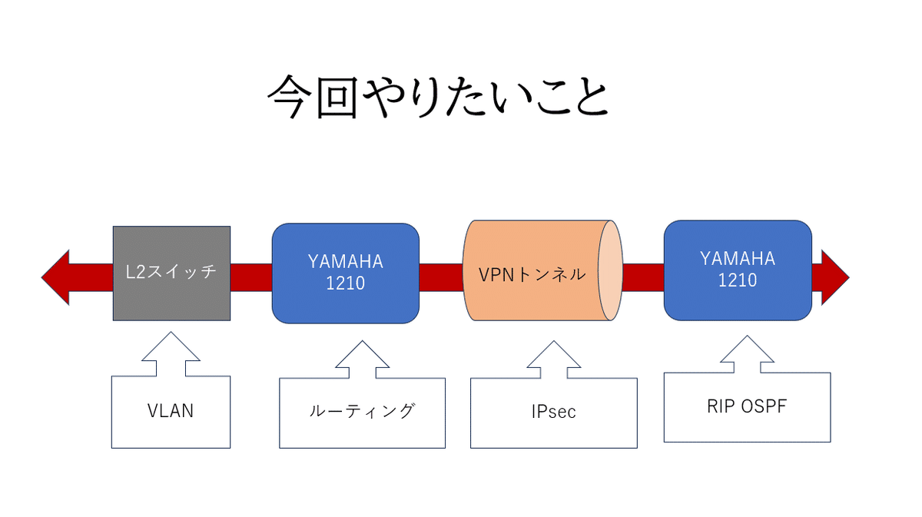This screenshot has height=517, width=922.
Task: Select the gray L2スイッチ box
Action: click(171, 273)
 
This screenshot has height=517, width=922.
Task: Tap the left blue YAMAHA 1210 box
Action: click(346, 273)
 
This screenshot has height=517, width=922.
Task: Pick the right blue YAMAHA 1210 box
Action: click(738, 270)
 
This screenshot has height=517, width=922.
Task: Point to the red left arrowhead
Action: click(57, 277)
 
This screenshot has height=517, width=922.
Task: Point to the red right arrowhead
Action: click(835, 277)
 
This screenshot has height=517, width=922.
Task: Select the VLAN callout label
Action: click(171, 411)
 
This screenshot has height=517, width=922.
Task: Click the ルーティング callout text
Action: click(362, 411)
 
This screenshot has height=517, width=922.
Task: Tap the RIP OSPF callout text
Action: click(747, 406)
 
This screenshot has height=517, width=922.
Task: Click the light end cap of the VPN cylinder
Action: click(610, 273)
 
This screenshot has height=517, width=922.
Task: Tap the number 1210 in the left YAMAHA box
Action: click(346, 283)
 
